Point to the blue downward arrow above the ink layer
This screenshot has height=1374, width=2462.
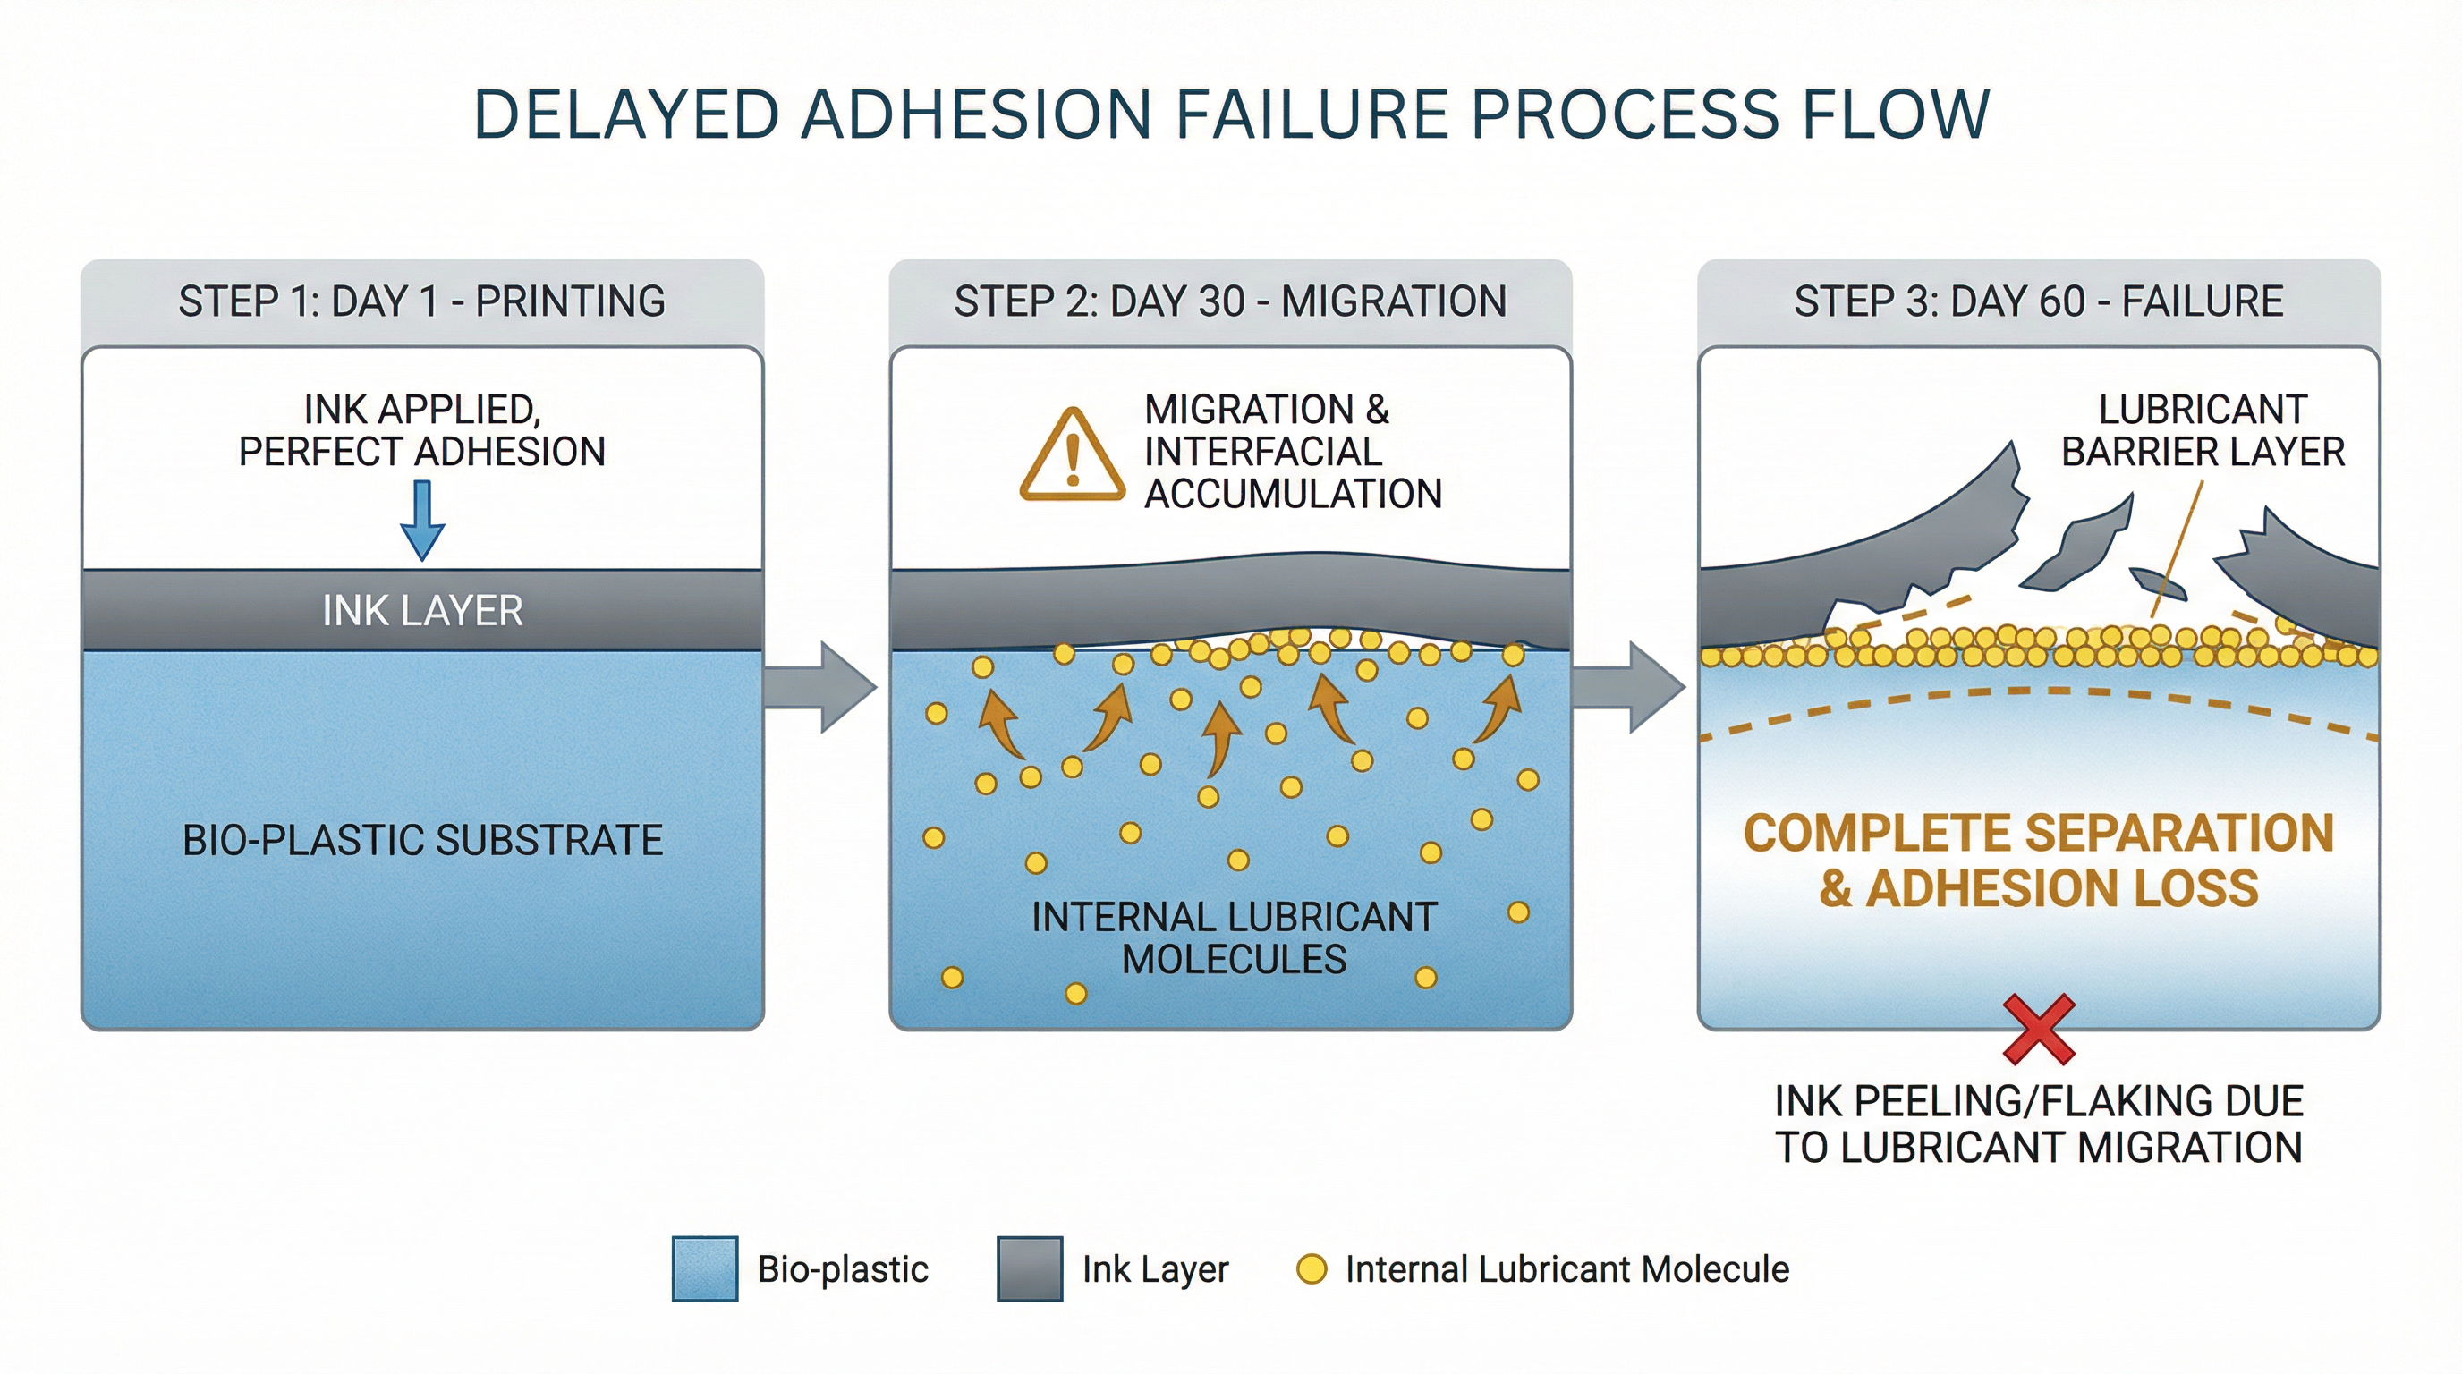421,521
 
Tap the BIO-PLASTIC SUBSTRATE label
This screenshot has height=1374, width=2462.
421,840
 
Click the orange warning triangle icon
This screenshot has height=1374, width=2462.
1072,457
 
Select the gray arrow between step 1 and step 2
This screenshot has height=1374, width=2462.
822,687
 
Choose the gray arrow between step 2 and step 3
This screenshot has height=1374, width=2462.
1629,687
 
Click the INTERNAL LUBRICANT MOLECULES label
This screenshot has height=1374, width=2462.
1234,937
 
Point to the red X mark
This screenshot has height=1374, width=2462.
2039,1029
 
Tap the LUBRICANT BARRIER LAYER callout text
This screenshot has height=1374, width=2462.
2202,430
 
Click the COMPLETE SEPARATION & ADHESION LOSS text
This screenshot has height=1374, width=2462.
2038,860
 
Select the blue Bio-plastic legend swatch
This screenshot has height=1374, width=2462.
704,1269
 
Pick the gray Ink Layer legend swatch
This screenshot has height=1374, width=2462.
1030,1269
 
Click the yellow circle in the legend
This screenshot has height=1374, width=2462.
1312,1269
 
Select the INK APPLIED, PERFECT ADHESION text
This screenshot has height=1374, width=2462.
421,430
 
